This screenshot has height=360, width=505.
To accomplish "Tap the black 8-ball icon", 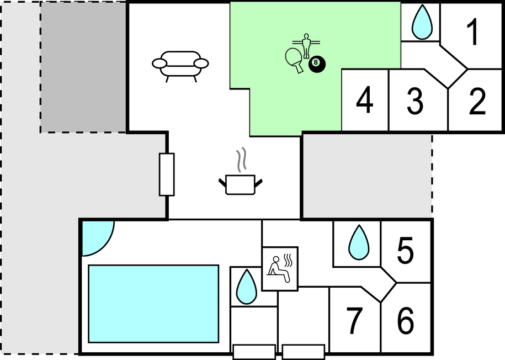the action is tap(317, 64).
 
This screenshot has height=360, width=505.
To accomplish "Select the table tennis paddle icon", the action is tap(294, 60).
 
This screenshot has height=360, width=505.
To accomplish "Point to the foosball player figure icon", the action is tap(306, 45).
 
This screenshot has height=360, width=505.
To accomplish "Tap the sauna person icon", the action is tap(280, 269).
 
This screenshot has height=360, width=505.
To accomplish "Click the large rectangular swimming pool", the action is tap(153, 304).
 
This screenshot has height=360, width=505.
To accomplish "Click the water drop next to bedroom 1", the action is tap(422, 23).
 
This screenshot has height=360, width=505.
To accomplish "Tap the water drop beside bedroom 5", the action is tap(359, 243).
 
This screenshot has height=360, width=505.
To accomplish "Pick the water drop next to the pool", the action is tap(247, 287).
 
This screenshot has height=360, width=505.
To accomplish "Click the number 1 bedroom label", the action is tap(473, 32).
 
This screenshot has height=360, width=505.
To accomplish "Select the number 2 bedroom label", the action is tap(477, 102).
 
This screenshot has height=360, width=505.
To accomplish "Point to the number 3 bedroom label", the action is tap(415, 102).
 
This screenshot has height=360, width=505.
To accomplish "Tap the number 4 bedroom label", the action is tap(365, 100).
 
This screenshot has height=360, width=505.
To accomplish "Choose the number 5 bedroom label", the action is tap(405, 251).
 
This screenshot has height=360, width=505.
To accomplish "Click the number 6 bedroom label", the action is tap(405, 321).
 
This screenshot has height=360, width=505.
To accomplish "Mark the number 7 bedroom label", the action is tap(354, 321).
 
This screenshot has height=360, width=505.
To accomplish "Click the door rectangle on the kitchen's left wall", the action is tap(167, 174).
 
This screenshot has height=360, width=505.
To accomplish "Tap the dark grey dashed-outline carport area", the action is tap(83, 67).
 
